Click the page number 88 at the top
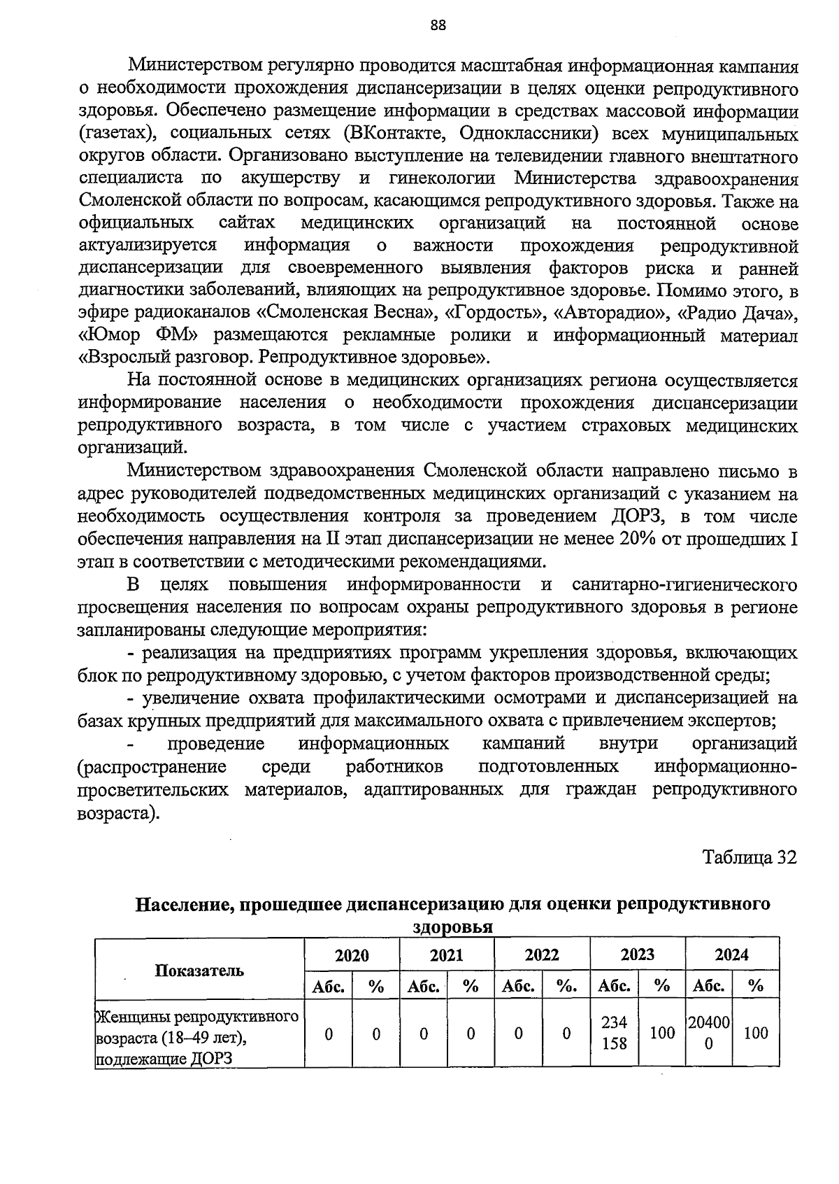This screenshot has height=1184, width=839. (438, 25)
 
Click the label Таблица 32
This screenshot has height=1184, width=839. (750, 858)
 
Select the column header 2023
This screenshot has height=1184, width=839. (637, 954)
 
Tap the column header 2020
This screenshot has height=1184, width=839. (352, 955)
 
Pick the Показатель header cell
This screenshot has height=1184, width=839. (199, 970)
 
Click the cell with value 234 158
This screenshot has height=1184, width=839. (614, 1033)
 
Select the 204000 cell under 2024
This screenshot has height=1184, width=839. (709, 1033)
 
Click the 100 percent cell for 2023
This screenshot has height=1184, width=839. (662, 1033)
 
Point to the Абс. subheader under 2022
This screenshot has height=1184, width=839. (518, 987)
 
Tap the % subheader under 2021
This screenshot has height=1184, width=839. (471, 987)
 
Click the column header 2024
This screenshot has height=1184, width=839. (731, 954)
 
